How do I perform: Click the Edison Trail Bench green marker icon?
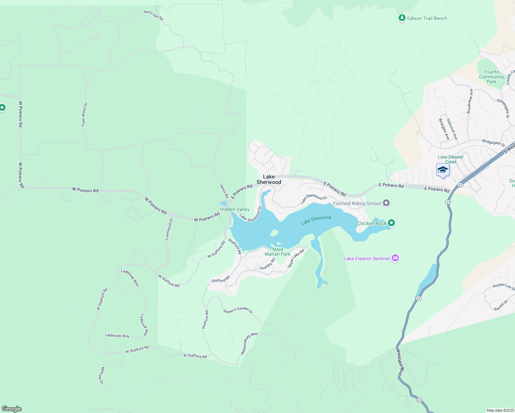click(402, 18)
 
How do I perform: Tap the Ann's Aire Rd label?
click(154, 15)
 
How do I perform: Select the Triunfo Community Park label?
click(491, 77)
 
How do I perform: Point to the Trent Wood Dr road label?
click(84, 115)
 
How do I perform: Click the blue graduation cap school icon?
click(443, 170)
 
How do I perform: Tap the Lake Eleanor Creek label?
click(451, 159)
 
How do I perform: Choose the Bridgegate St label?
click(493, 142)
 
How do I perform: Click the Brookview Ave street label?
click(470, 101)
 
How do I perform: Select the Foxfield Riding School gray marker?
click(386, 203)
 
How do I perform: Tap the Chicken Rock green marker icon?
click(391, 223)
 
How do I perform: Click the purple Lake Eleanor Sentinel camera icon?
click(395, 258)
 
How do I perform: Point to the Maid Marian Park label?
click(277, 252)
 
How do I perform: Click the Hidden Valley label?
click(235, 209)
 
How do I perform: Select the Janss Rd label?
click(224, 191)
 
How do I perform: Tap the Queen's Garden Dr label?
click(238, 310)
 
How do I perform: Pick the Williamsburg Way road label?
click(249, 343)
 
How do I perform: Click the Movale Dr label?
click(102, 375)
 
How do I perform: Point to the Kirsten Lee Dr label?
click(504, 286)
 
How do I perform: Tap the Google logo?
click(12, 409)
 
